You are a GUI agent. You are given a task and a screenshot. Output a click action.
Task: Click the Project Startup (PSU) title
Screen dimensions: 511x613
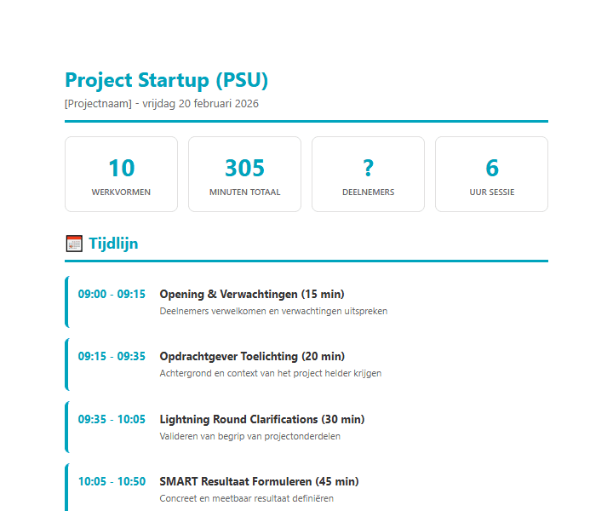[166, 80]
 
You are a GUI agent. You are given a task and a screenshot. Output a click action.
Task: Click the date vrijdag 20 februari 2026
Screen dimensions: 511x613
[201, 104]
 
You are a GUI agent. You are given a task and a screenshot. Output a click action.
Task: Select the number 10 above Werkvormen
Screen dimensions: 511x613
[121, 168]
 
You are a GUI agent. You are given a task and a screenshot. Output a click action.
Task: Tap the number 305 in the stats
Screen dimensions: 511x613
[244, 168]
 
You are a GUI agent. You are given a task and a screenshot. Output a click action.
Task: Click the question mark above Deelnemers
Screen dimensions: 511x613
[368, 168]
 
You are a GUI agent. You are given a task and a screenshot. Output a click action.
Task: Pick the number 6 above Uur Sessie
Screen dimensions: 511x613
[491, 168]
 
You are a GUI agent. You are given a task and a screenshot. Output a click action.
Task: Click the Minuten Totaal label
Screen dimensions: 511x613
[244, 192]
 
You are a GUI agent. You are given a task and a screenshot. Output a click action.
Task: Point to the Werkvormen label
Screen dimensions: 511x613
[121, 192]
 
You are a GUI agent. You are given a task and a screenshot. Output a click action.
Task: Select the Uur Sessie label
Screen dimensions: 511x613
[491, 192]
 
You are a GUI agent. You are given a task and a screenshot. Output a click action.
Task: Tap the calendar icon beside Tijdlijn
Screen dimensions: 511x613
[74, 244]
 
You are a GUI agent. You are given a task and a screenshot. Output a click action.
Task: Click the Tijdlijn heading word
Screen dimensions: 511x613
[113, 244]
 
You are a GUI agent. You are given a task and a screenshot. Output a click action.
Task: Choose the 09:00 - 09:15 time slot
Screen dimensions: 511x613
[112, 295]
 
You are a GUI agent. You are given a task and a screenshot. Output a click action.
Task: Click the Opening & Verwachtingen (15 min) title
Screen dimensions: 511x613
[252, 295]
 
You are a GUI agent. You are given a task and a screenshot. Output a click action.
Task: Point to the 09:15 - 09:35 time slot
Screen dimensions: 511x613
[112, 357]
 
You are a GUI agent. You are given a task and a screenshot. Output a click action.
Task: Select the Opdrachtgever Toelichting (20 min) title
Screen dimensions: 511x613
[253, 357]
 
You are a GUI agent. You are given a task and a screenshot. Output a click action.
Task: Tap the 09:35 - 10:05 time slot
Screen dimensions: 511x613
[112, 420]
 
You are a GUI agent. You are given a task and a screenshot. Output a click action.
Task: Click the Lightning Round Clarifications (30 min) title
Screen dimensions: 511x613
[261, 420]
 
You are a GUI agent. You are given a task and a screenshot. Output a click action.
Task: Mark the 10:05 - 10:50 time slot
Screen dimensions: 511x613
[112, 482]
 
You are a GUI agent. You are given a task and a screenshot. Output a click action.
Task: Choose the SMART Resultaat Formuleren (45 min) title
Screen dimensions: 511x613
[259, 482]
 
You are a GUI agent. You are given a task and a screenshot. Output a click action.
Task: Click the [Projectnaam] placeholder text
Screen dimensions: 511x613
[98, 104]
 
